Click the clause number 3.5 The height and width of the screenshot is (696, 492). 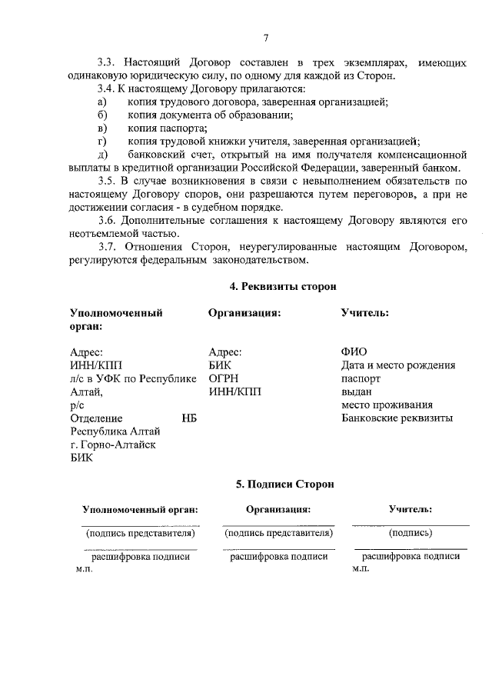click(x=111, y=181)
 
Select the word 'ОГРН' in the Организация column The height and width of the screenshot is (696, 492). click(x=224, y=378)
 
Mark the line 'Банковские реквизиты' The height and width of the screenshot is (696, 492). click(x=397, y=418)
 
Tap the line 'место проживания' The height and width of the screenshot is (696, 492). click(x=387, y=405)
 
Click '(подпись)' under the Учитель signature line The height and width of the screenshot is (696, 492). click(x=410, y=532)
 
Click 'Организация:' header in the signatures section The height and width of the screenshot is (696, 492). click(x=278, y=509)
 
